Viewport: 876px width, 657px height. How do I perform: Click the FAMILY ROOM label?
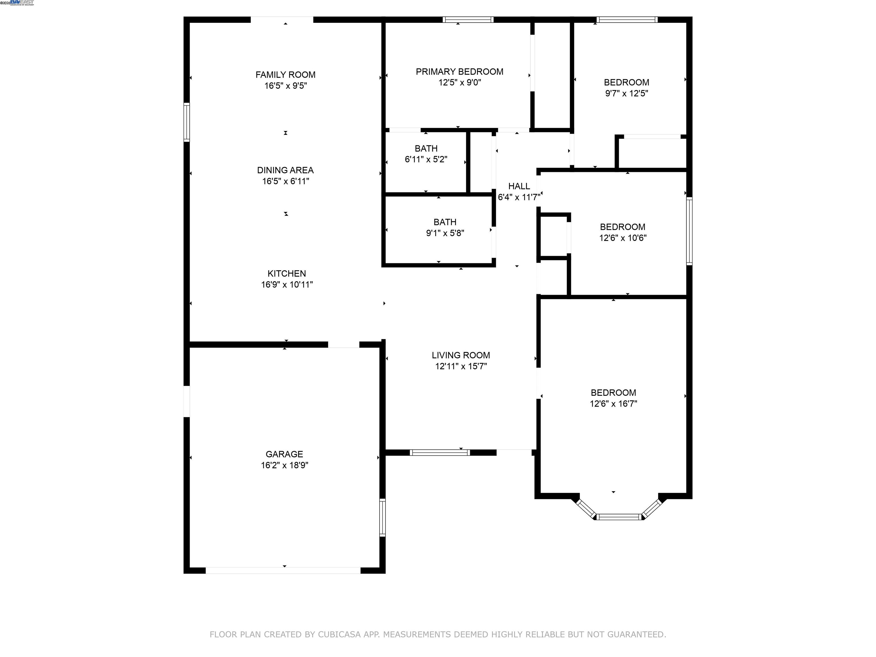[285, 75]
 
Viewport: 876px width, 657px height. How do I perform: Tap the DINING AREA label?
[285, 170]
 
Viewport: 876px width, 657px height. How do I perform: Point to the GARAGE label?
[284, 454]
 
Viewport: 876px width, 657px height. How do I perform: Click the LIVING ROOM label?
[461, 355]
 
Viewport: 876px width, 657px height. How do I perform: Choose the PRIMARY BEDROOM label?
[459, 72]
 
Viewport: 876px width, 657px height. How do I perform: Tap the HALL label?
[519, 186]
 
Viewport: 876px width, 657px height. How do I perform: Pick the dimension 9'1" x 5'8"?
[445, 233]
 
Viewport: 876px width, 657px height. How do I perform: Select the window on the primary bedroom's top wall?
[468, 19]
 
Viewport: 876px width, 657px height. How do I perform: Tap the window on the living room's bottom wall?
[440, 453]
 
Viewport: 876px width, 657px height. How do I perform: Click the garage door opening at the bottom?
[283, 571]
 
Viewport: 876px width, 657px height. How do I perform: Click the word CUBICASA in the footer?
[339, 634]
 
